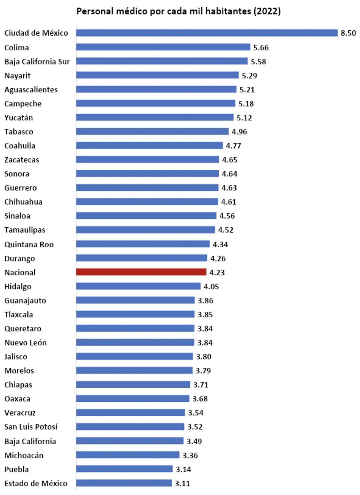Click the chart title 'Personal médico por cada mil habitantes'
[178, 11]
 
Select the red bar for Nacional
[141, 272]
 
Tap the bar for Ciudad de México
[207, 33]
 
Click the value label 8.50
[348, 33]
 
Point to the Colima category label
[17, 48]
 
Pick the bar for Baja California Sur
[162, 61]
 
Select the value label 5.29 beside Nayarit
[249, 75]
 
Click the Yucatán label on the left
[18, 118]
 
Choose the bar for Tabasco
[152, 131]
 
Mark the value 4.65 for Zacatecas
[229, 160]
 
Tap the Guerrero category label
[21, 188]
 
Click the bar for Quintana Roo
[143, 244]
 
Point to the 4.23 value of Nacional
[217, 273]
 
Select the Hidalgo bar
[138, 286]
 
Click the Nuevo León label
[25, 342]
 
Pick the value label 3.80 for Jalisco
[204, 357]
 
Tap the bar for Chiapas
[133, 385]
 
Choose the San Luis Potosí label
[31, 427]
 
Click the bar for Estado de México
[124, 483]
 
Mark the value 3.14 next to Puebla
[183, 469]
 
